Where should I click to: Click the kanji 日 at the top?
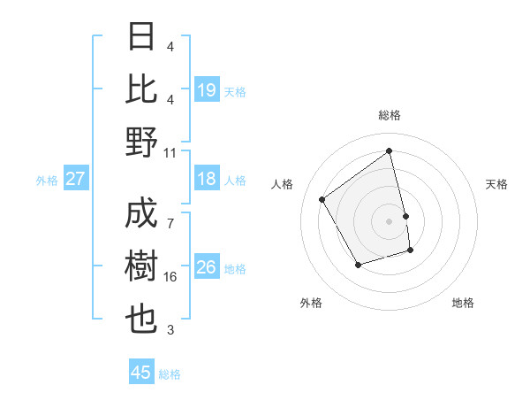(x=142, y=38)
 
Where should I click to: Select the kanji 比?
(x=142, y=89)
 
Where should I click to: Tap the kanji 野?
(x=142, y=142)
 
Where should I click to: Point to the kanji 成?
(x=142, y=214)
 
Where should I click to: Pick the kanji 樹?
(x=142, y=267)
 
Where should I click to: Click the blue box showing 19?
(x=207, y=89)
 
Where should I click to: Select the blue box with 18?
(x=207, y=180)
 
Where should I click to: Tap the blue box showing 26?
(x=207, y=267)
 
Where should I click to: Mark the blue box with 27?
(x=76, y=180)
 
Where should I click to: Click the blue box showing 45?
(x=141, y=373)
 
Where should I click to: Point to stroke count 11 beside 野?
(x=170, y=152)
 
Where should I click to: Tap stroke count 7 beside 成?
(x=170, y=215)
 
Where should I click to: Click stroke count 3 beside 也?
(x=170, y=330)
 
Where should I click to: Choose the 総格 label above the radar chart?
(x=390, y=115)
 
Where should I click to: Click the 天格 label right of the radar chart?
(x=497, y=184)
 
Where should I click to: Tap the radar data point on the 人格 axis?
(x=322, y=199)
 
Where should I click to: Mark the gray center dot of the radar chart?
(x=390, y=220)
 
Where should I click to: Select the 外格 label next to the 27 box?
(x=47, y=181)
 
